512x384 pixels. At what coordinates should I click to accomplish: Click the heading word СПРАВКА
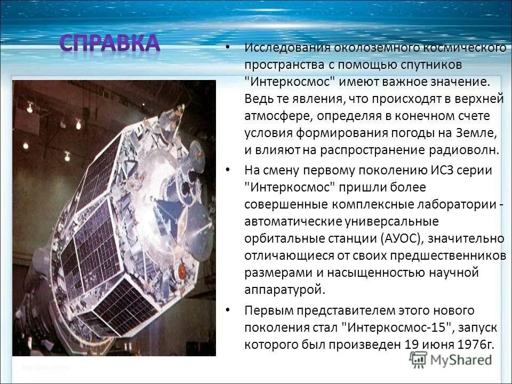coord(109,44)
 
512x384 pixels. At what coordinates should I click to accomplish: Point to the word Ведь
coord(258,99)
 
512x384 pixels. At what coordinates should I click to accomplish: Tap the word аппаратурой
coord(284,290)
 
